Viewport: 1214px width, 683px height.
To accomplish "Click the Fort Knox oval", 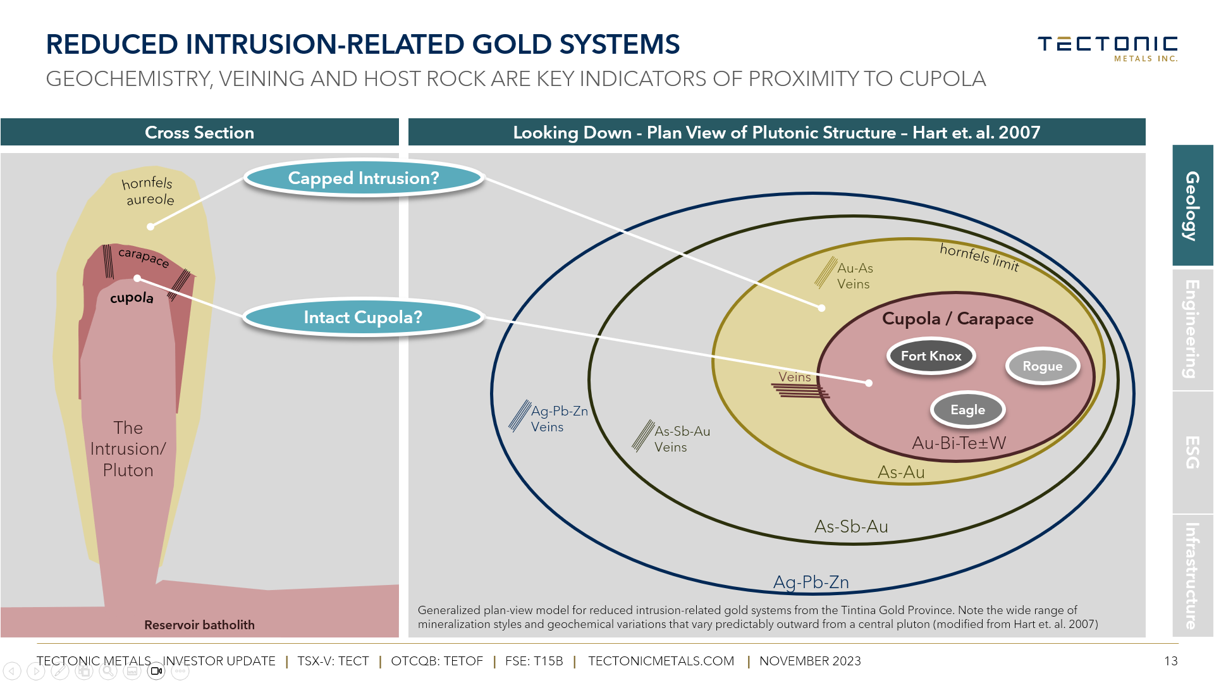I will [931, 356].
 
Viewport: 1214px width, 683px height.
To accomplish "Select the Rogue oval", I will [1042, 366].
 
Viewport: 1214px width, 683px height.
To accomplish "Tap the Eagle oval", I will [967, 410].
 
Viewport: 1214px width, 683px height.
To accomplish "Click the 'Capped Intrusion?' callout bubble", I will [364, 178].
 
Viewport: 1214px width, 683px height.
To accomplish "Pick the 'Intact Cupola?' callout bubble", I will [363, 317].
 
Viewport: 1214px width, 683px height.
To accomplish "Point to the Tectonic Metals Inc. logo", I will [1107, 48].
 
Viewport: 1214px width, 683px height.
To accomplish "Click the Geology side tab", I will [1192, 206].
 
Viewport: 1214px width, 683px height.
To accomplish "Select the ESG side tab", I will [1192, 452].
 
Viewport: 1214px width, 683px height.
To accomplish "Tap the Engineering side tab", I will [1192, 329].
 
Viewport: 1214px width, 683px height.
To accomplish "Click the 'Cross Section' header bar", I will [199, 132].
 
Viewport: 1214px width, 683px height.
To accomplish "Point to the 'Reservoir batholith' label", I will [199, 625].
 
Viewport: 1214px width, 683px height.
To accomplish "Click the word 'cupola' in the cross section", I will [132, 298].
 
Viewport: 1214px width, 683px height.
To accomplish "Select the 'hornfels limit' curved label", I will [979, 257].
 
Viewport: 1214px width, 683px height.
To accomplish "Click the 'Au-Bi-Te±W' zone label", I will [959, 443].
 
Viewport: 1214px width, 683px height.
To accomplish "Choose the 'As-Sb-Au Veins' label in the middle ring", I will [681, 439].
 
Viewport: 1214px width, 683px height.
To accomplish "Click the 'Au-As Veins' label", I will [854, 276].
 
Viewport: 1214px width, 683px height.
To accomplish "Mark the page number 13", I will [1170, 661].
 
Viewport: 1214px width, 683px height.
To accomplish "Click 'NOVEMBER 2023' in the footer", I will [810, 661].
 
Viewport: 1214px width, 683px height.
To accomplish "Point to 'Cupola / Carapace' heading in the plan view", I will [957, 318].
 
